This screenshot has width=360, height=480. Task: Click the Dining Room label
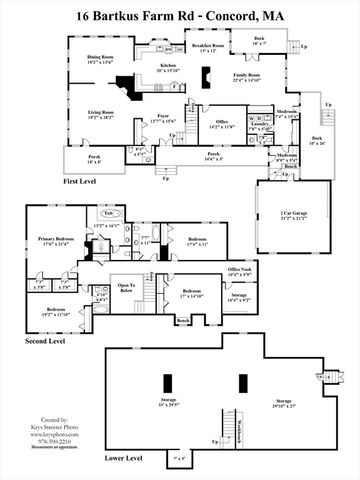click(x=97, y=58)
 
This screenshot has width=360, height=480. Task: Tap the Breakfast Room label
click(x=208, y=47)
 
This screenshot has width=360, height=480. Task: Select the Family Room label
click(x=248, y=75)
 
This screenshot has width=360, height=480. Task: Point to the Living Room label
click(x=98, y=113)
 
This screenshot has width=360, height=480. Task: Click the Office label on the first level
click(x=222, y=121)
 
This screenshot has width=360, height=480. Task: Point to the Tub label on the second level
click(x=108, y=213)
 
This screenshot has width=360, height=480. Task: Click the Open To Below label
click(x=126, y=287)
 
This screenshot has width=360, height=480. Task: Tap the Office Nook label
click(x=238, y=270)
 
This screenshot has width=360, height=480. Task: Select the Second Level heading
click(x=51, y=343)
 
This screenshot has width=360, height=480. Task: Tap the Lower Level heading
click(x=124, y=458)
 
